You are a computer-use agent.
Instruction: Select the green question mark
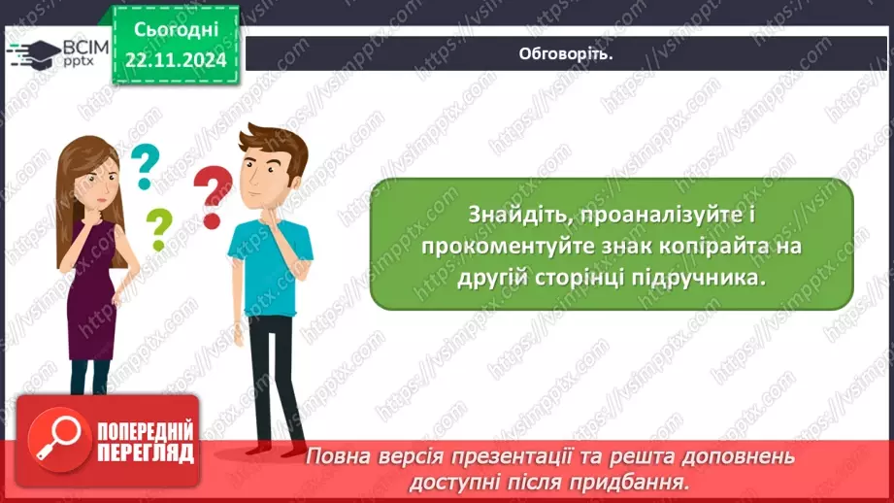pyautogui.click(x=157, y=230)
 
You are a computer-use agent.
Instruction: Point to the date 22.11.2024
pyautogui.click(x=175, y=60)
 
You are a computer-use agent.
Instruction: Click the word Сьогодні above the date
pyautogui.click(x=175, y=30)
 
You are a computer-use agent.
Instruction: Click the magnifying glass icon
pyautogui.click(x=56, y=439)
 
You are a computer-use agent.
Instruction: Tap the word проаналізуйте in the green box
pyautogui.click(x=628, y=214)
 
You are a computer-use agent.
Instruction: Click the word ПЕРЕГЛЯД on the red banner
pyautogui.click(x=146, y=453)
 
